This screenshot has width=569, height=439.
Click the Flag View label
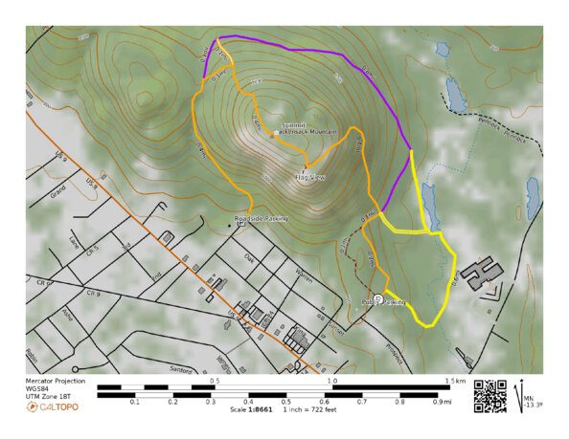(310, 177)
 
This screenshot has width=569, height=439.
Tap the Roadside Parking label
(262, 219)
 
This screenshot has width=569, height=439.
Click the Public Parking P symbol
(378, 299)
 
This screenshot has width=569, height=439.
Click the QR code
(489, 395)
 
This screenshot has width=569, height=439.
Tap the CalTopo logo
(53, 406)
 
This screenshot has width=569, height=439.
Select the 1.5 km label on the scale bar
(454, 381)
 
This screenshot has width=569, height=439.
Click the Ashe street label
(67, 313)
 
